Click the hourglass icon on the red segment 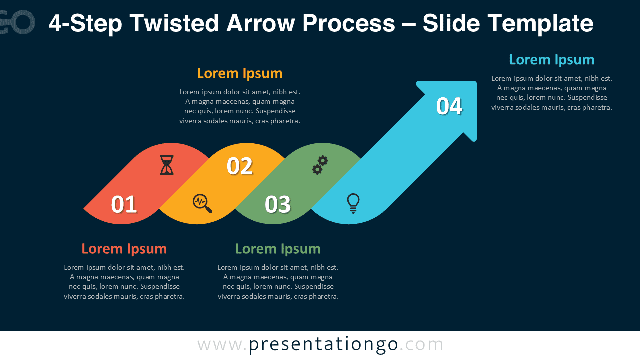pyautogui.click(x=167, y=165)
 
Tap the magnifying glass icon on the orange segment pyautogui.click(x=202, y=203)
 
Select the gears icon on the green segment pyautogui.click(x=320, y=165)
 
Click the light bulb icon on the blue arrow pyautogui.click(x=353, y=203)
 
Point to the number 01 pyautogui.click(x=124, y=204)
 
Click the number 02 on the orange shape pyautogui.click(x=240, y=166)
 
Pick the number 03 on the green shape pyautogui.click(x=278, y=204)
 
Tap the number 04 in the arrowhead pyautogui.click(x=449, y=106)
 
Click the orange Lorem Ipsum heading pyautogui.click(x=240, y=73)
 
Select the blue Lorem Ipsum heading pyautogui.click(x=551, y=60)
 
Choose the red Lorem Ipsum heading pyautogui.click(x=124, y=248)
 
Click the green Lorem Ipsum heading pyautogui.click(x=278, y=248)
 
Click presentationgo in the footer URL pyautogui.click(x=323, y=344)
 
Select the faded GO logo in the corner pyautogui.click(x=17, y=22)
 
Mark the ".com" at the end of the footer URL pyautogui.click(x=422, y=344)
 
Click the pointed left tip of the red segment pyautogui.click(x=86, y=207)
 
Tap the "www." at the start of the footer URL pyautogui.click(x=222, y=344)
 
